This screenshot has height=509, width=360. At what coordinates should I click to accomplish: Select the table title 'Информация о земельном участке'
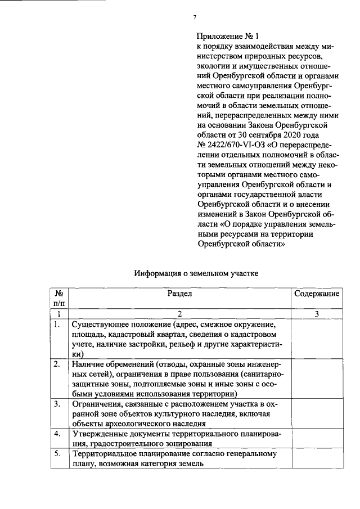[196, 273]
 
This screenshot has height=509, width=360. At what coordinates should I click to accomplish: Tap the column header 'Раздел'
[179, 294]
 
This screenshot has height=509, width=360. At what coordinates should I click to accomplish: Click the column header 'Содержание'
[316, 294]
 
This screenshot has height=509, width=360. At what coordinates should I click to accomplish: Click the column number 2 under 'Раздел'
[179, 314]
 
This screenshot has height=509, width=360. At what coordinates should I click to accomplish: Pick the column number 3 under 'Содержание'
[316, 314]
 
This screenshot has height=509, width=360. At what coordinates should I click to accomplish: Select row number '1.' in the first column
[57, 325]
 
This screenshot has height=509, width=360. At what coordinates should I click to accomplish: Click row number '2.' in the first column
[57, 364]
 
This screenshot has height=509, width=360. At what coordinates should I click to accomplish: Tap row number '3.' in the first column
[57, 404]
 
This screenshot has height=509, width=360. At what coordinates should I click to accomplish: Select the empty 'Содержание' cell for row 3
[316, 413]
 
